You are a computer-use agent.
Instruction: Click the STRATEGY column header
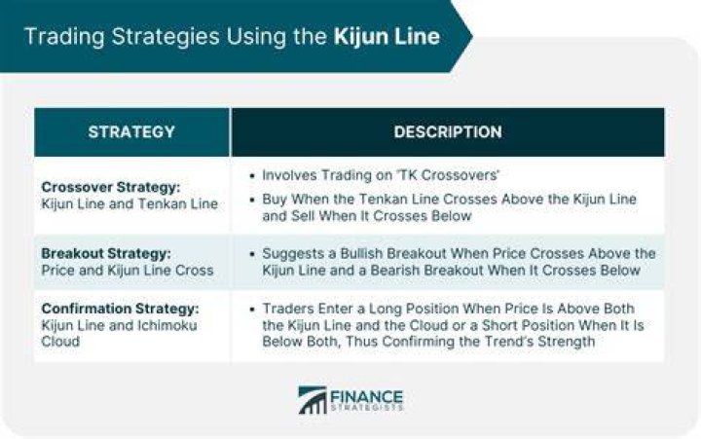coord(131,131)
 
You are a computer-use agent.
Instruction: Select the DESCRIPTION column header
coord(448,131)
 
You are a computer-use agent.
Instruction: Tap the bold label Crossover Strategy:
coord(111,187)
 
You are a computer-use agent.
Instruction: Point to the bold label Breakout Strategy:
coord(106,253)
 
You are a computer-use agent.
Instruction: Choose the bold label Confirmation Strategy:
coord(121,309)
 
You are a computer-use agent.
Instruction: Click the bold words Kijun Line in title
coord(387,36)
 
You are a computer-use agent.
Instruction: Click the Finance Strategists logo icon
coord(313,400)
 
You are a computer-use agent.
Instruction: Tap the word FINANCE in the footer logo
coord(367,396)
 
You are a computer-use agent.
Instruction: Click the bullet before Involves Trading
coord(252,175)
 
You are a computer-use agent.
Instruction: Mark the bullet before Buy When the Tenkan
coord(252,200)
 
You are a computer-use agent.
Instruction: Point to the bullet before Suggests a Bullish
coord(252,254)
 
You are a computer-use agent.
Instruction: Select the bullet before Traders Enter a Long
coord(252,309)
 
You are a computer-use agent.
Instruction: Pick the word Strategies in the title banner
coord(166,37)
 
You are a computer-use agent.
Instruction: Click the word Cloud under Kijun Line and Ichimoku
coord(60,342)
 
